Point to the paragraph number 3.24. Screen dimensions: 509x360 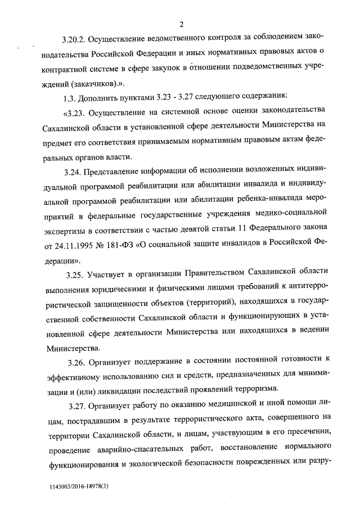point(75,170)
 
